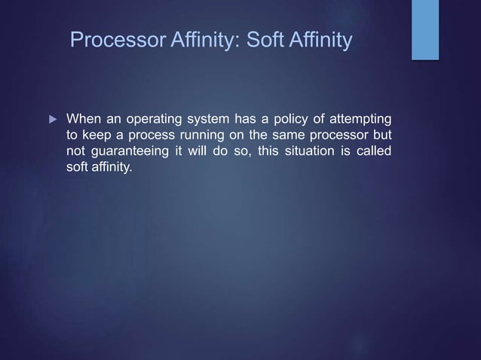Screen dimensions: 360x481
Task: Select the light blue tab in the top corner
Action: click(424, 29)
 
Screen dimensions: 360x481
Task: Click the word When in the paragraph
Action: click(84, 120)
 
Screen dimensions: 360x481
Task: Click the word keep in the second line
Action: click(97, 136)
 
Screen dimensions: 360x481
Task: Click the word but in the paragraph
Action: click(381, 136)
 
